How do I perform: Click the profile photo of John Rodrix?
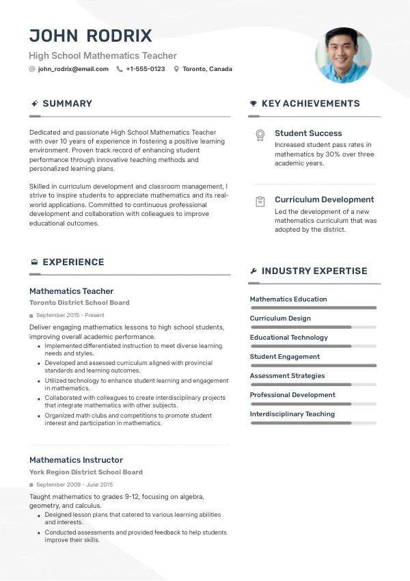pos(343,55)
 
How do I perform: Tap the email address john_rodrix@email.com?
pos(73,69)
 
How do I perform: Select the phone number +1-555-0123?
pos(146,69)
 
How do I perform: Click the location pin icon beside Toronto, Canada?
pos(176,69)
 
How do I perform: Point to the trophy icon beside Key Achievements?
pos(254,104)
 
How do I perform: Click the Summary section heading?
pos(67,104)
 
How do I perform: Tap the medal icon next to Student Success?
pos(260,135)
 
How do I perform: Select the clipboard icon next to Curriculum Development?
pos(260,202)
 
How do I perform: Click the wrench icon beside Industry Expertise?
pos(254,271)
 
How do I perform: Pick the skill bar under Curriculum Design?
pos(313,327)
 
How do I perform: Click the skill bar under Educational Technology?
pos(313,347)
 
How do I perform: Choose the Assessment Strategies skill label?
pos(287,376)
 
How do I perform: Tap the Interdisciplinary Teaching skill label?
pos(292,414)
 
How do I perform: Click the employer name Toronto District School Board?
pos(79,303)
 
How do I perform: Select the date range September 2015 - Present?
pos(70,316)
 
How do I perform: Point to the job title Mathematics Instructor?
pos(76,460)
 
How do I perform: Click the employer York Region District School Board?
pos(86,472)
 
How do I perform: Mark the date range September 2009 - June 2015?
pos(74,485)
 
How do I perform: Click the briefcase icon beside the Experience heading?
pos(34,262)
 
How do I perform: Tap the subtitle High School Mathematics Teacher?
pos(102,56)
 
